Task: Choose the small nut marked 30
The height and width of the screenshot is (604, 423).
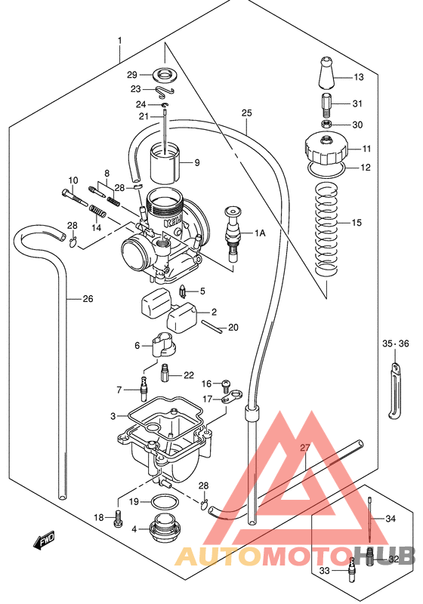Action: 326,124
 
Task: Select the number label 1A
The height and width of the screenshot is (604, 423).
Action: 259,233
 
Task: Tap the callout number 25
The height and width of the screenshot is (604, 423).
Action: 246,113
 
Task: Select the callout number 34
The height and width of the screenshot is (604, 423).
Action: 390,519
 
